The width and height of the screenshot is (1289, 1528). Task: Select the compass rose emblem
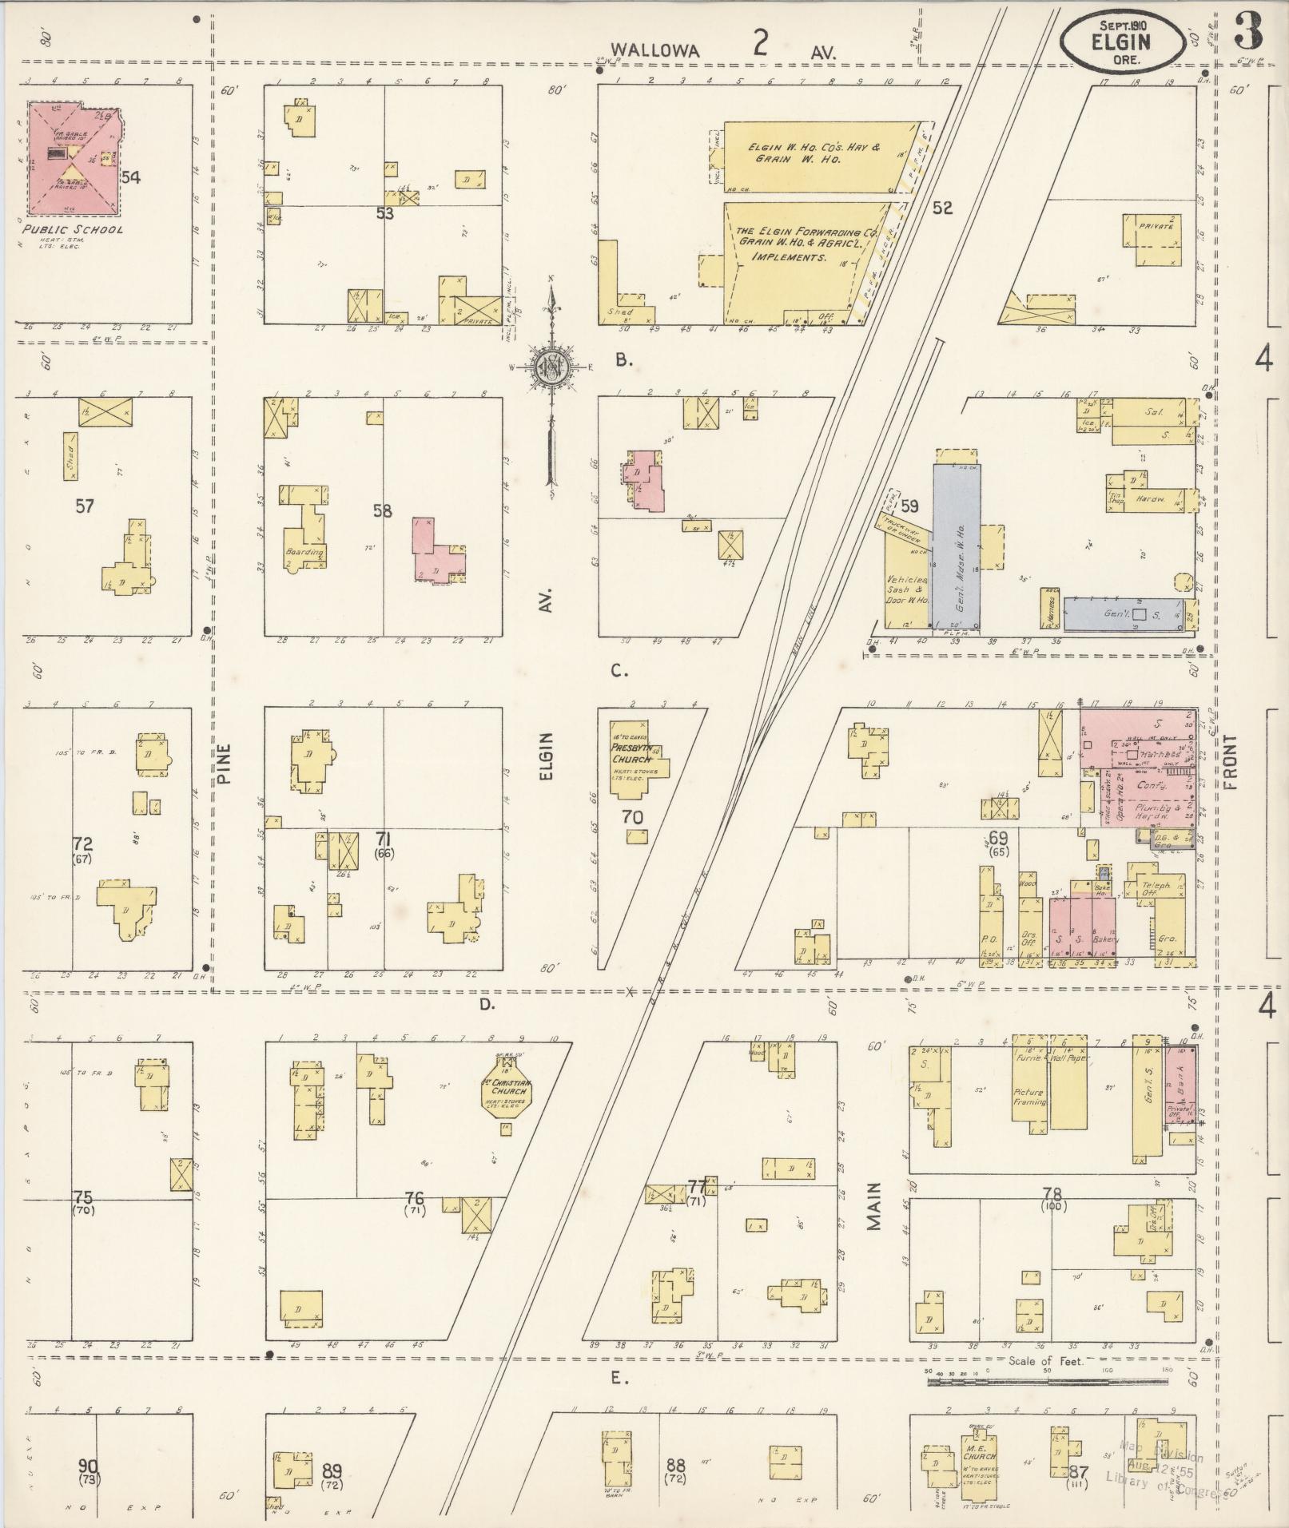pos(551,367)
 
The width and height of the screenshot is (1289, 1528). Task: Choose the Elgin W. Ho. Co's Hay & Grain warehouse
pos(815,156)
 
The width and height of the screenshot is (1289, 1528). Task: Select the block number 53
pos(385,213)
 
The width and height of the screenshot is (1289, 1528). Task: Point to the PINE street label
pos(223,763)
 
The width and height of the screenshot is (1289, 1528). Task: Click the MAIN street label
pos(873,1207)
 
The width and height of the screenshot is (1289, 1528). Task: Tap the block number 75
pos(83,1197)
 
